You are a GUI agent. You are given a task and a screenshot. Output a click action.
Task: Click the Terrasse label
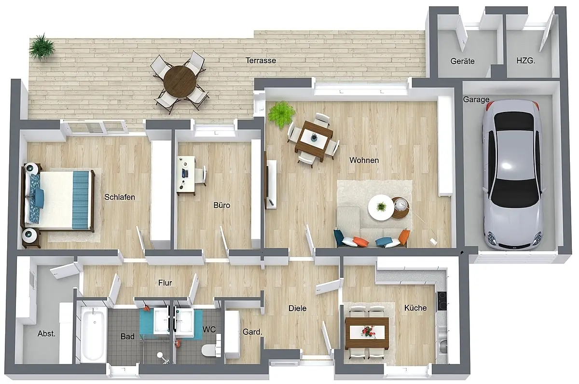(261, 60)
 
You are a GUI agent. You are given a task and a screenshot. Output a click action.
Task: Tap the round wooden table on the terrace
(180, 82)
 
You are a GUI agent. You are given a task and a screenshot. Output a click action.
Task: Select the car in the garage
(512, 175)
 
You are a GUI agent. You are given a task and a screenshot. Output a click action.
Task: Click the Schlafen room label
(120, 197)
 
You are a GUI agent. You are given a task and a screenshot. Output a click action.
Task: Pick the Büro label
(221, 205)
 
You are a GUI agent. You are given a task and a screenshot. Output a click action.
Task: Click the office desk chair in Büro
(201, 175)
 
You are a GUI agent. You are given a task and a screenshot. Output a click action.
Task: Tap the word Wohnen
(364, 160)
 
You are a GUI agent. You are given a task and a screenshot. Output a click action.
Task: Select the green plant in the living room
(281, 114)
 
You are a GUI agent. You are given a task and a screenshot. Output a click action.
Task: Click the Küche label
(415, 308)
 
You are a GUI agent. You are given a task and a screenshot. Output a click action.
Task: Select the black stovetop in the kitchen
(441, 301)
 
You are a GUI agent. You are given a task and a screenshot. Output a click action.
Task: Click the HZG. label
(526, 61)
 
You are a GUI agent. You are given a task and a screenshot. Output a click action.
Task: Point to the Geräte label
(462, 61)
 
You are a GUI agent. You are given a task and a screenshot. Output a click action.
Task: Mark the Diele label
(298, 308)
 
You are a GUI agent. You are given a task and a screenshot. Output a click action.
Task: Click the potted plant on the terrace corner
(41, 47)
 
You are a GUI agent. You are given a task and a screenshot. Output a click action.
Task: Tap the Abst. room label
(46, 334)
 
